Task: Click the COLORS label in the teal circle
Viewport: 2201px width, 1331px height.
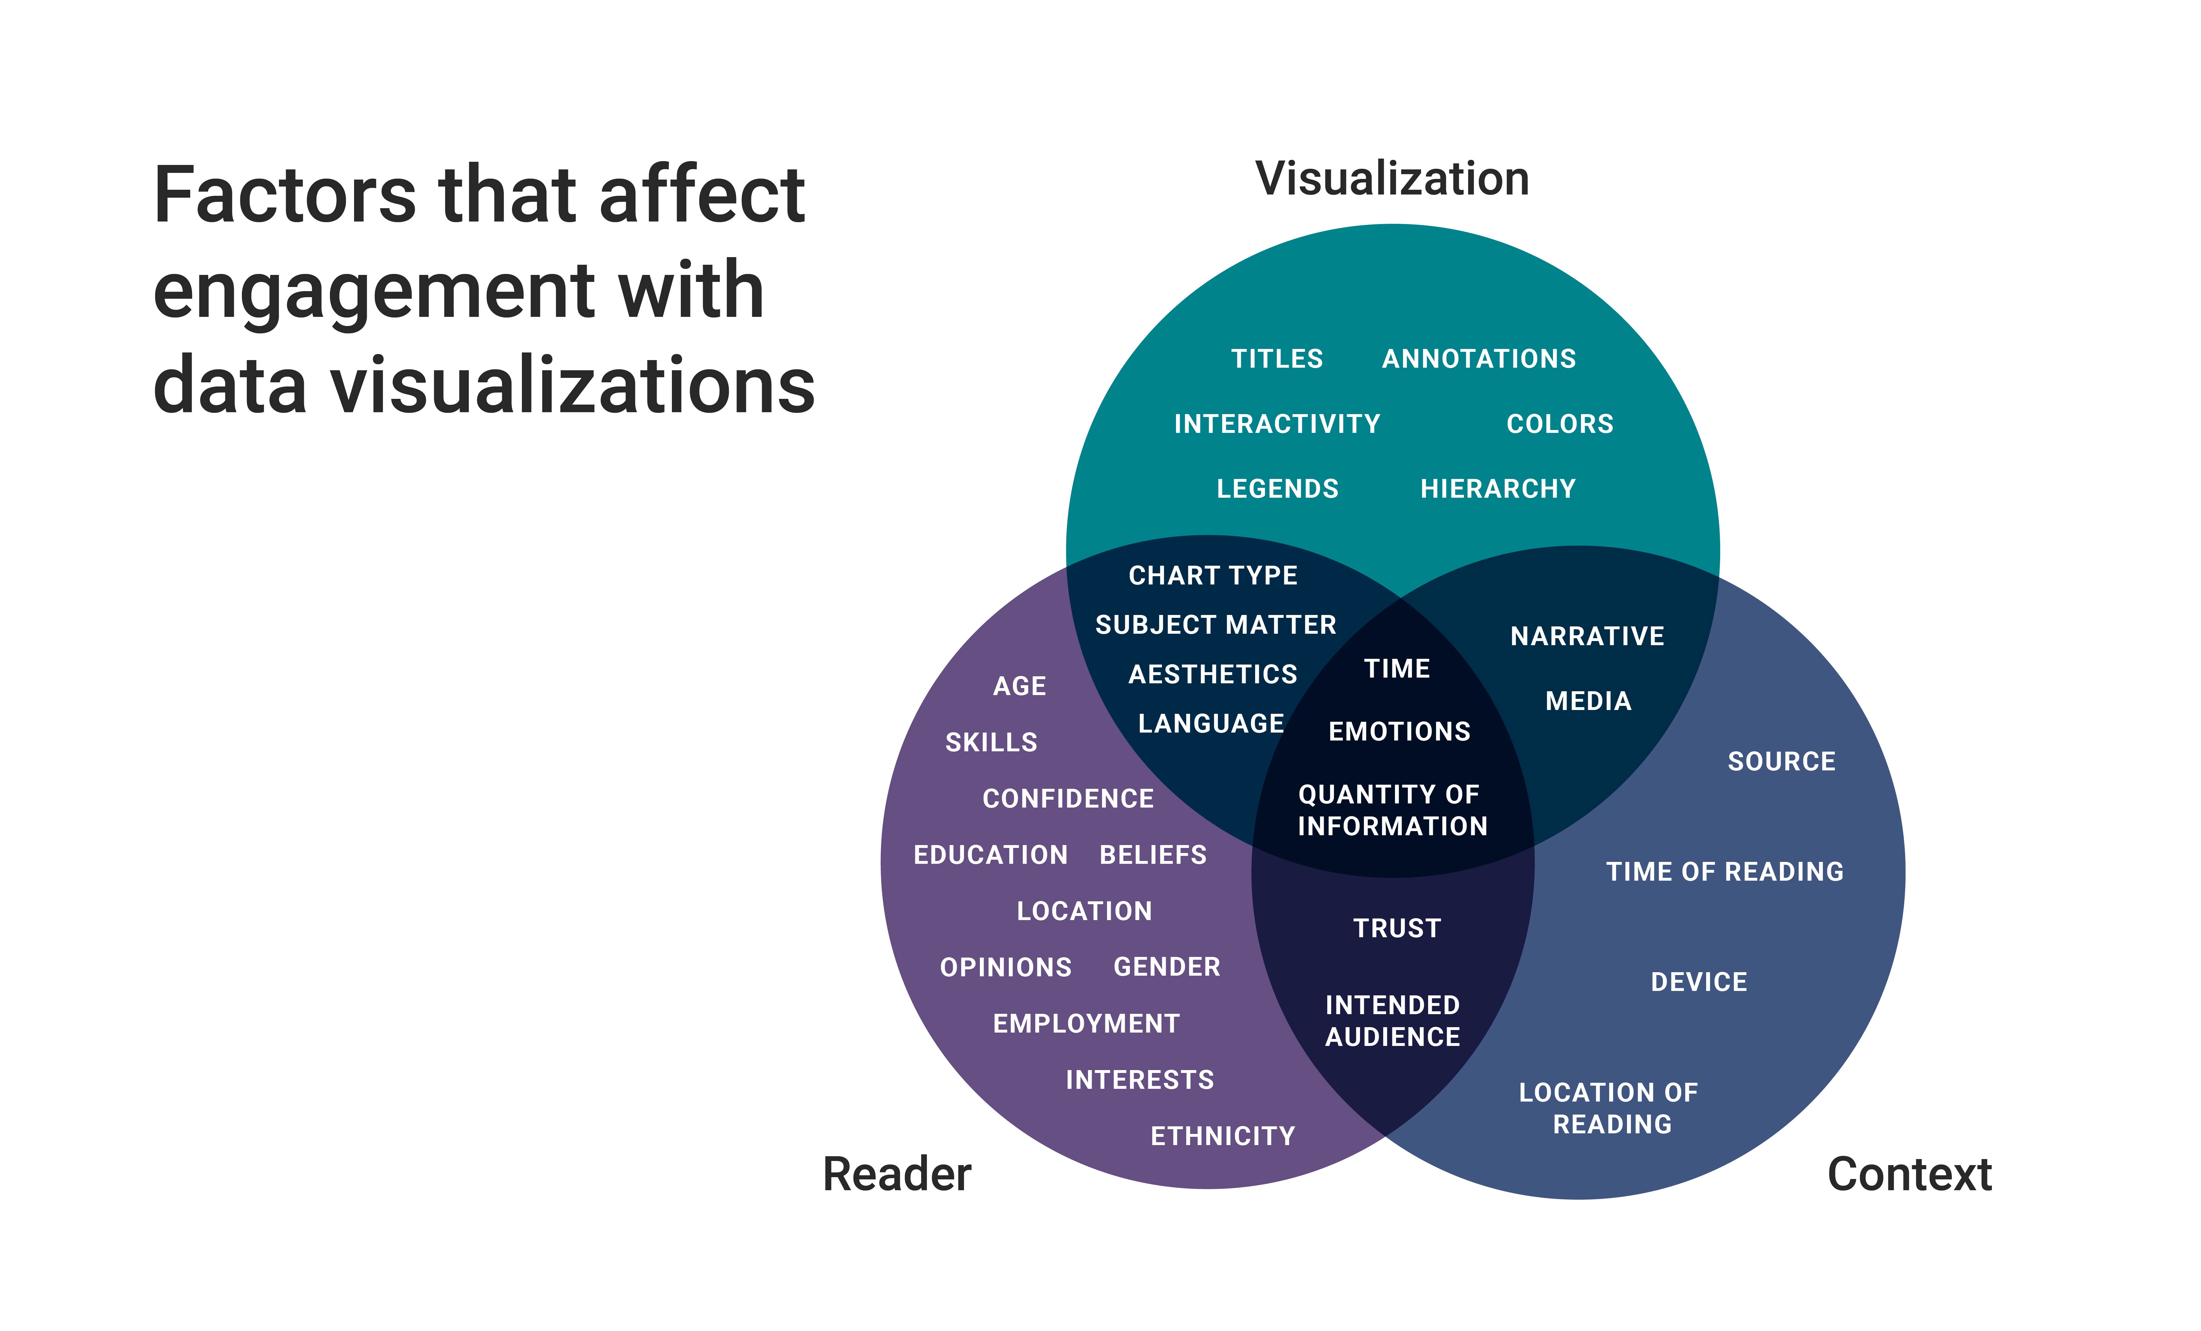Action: coord(1560,424)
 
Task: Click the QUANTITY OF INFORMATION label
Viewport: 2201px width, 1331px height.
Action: coord(1392,810)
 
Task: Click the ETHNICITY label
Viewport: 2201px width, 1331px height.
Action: coord(1222,1136)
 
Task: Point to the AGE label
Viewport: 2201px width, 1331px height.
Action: coord(1019,686)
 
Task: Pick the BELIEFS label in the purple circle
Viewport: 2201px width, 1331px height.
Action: coord(1152,855)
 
